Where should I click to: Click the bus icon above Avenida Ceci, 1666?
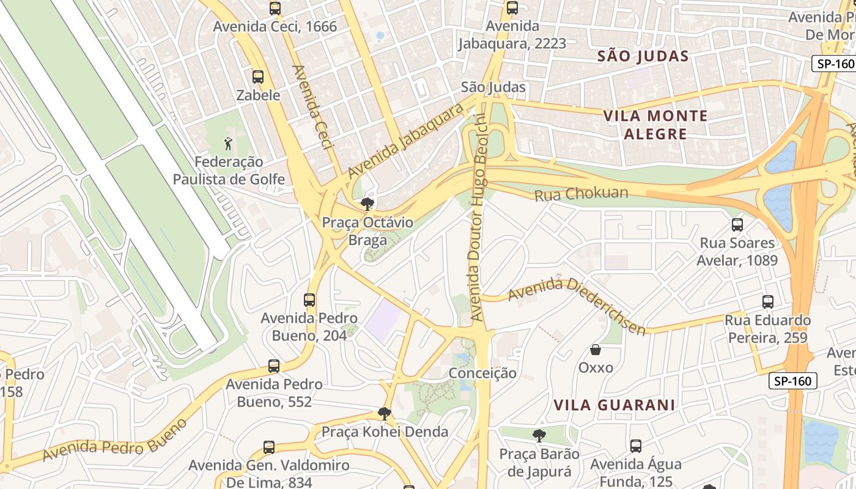tap(275, 9)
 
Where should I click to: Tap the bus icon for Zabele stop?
tap(258, 77)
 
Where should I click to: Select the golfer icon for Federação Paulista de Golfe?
tap(228, 144)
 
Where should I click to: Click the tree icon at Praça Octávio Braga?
tap(367, 204)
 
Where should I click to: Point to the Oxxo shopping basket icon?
tap(596, 350)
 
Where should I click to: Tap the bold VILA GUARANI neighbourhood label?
tap(614, 405)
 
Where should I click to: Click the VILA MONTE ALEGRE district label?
tap(655, 125)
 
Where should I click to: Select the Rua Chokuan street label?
tap(581, 194)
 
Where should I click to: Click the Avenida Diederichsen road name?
tap(577, 304)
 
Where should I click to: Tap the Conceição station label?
tap(482, 373)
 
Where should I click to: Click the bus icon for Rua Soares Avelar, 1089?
tap(737, 225)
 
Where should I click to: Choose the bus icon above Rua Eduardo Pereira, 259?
tap(768, 302)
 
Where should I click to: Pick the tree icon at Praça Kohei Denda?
tap(384, 414)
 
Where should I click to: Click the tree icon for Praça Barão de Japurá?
tap(539, 436)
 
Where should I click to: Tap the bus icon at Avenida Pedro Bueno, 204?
tap(309, 300)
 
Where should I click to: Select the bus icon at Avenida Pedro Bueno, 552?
tap(274, 366)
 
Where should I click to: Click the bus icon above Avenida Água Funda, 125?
tap(636, 446)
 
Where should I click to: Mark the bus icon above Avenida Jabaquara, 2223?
tap(512, 9)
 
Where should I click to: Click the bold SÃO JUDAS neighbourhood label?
tap(643, 56)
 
